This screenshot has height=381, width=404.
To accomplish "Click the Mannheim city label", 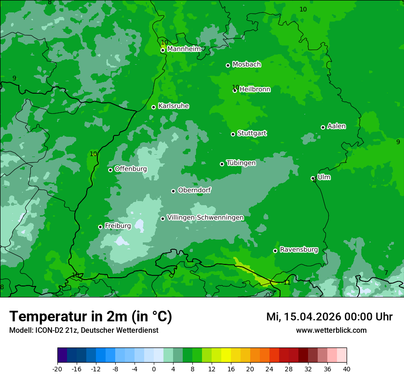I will [x=184, y=49].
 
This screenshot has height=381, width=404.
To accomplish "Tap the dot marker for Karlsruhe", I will [x=154, y=107].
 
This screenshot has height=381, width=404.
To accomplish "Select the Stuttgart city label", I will [x=252, y=134].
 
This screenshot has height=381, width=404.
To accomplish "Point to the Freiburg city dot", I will [x=100, y=227].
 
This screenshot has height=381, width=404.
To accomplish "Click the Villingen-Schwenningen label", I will [x=205, y=218].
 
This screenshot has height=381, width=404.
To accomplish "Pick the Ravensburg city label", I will [x=299, y=250].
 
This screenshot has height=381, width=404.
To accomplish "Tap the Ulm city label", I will [x=324, y=177].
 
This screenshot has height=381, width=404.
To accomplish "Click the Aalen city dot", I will [x=323, y=127].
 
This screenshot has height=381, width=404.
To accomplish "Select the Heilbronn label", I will [x=255, y=90].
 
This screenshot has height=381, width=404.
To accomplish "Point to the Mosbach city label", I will [x=247, y=65].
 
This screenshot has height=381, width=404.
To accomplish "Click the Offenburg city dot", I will [x=110, y=170].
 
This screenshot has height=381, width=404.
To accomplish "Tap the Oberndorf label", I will [x=194, y=190].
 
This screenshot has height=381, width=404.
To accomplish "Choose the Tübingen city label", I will [x=241, y=163].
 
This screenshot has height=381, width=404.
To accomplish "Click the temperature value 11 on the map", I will [x=287, y=282].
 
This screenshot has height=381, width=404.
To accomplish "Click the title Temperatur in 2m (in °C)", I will [x=90, y=316].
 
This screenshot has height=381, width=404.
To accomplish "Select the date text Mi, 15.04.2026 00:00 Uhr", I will [x=329, y=317].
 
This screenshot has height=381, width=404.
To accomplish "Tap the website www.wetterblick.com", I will [x=331, y=330].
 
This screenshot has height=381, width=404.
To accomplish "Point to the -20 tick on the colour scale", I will [x=57, y=369].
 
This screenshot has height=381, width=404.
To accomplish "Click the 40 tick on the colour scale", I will [x=346, y=369].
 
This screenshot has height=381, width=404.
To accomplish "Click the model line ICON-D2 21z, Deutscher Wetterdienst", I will [x=84, y=330].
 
